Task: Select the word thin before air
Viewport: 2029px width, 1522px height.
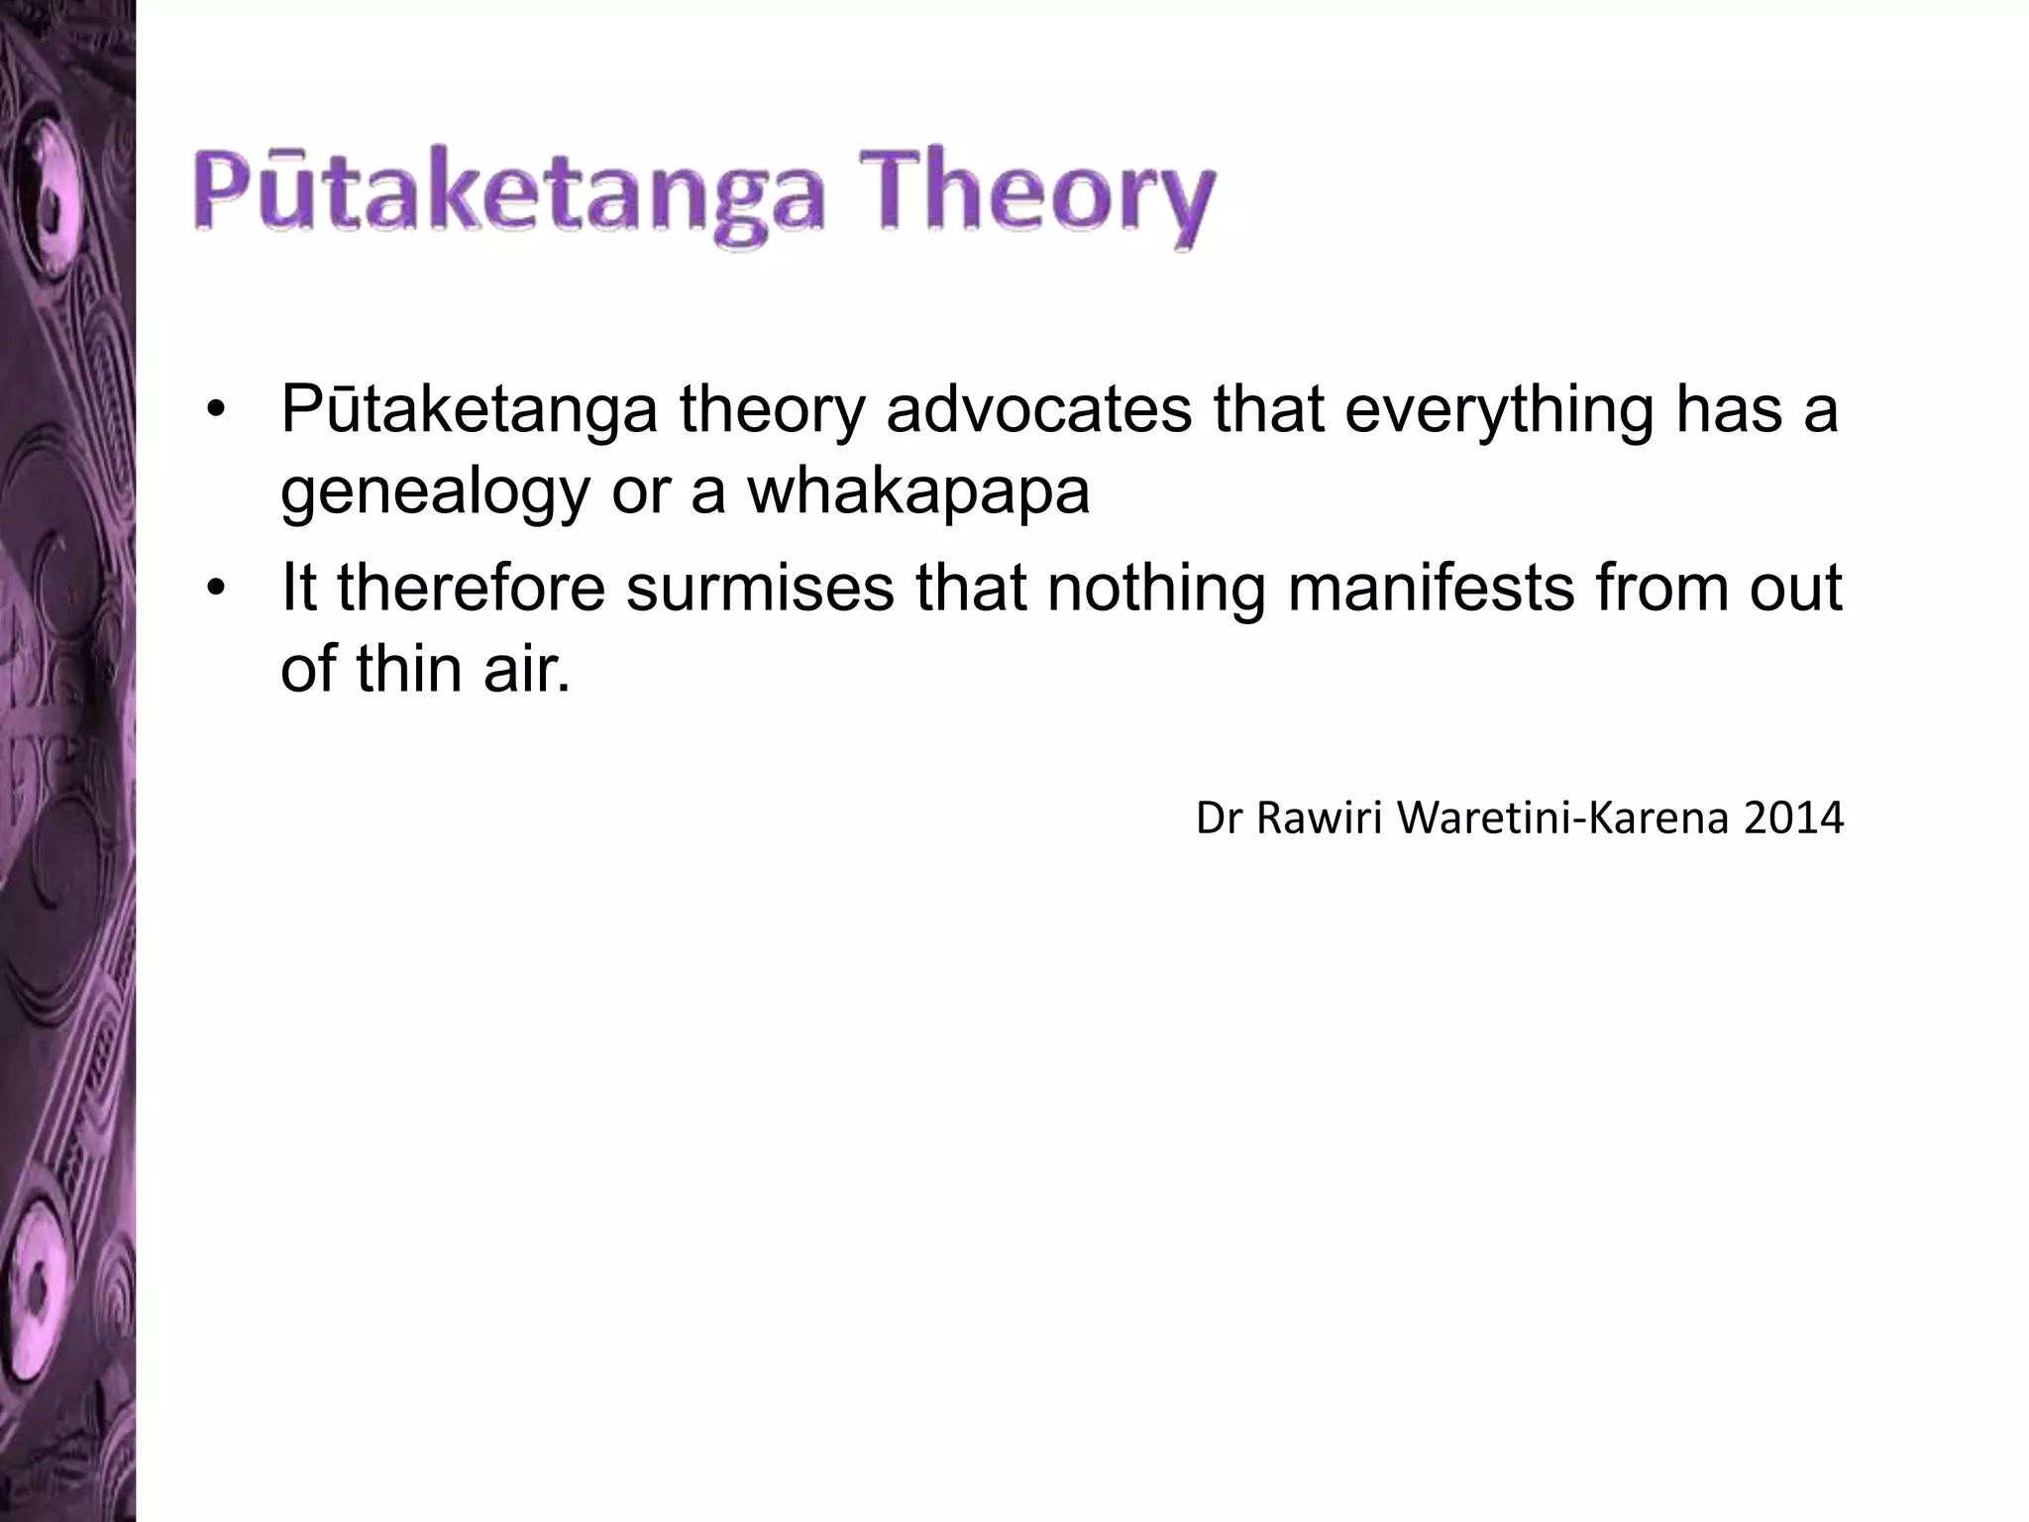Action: coord(410,670)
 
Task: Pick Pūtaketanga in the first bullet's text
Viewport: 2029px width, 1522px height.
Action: coord(469,411)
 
